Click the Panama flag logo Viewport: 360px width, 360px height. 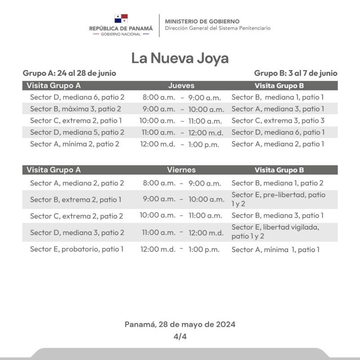[121, 18]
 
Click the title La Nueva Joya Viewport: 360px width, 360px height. [180, 58]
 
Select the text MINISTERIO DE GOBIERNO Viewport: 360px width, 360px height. [202, 21]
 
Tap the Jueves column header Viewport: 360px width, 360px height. [181, 85]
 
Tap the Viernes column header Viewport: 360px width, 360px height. [181, 170]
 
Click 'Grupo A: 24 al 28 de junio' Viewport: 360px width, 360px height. [69, 73]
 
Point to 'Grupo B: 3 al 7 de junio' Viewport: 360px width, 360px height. [295, 73]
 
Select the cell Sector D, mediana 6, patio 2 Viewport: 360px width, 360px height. [77, 97]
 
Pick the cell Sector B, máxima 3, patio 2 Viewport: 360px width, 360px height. [75, 109]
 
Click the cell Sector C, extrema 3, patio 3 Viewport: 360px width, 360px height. [278, 121]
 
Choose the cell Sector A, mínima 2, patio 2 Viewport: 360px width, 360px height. [74, 144]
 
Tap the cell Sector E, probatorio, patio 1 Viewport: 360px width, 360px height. [76, 249]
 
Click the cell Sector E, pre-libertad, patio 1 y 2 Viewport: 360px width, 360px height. [278, 199]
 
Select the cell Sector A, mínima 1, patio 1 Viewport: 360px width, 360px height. [275, 249]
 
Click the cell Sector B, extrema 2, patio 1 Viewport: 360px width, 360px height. [76, 199]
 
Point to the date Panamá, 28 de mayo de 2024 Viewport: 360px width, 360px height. [180, 324]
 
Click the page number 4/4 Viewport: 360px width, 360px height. [180, 337]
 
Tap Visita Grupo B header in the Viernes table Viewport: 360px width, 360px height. [279, 170]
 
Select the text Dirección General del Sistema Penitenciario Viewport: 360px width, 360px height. [218, 28]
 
